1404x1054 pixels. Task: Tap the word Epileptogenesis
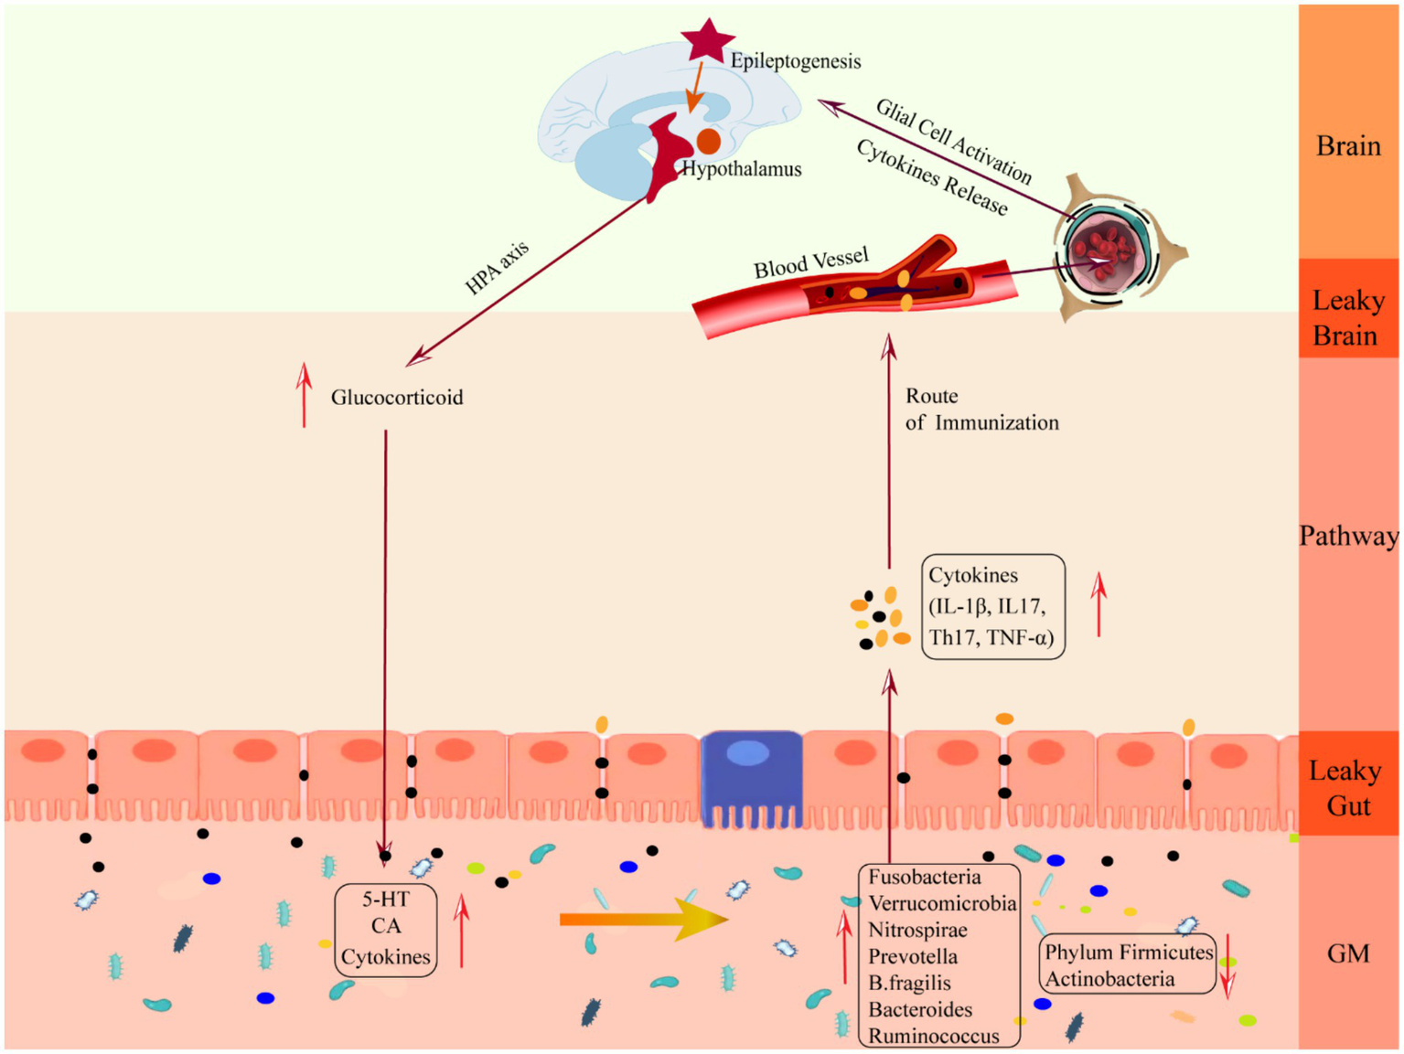coord(795,61)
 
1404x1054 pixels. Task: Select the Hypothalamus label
coord(742,169)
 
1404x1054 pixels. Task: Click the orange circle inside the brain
coord(709,141)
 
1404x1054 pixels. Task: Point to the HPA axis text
coord(497,269)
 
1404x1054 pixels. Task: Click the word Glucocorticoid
coord(397,398)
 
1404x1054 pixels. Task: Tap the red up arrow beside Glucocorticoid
coord(305,395)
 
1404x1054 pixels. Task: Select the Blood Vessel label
coord(810,263)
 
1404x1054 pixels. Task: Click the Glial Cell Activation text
coord(954,142)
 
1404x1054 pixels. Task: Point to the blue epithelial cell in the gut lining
coord(751,777)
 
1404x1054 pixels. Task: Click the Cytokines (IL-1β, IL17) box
coord(992,606)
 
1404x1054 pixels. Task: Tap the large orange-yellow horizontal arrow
coord(643,919)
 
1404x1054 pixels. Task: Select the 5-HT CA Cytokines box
coord(386,929)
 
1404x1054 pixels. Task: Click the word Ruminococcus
coord(934,1037)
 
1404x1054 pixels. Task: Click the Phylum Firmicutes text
coord(1129,953)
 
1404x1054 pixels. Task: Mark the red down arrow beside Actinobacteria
coord(1228,967)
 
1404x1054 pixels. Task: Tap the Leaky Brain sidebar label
coord(1347,317)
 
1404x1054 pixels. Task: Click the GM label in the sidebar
coord(1347,953)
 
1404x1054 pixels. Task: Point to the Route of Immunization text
coord(981,410)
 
